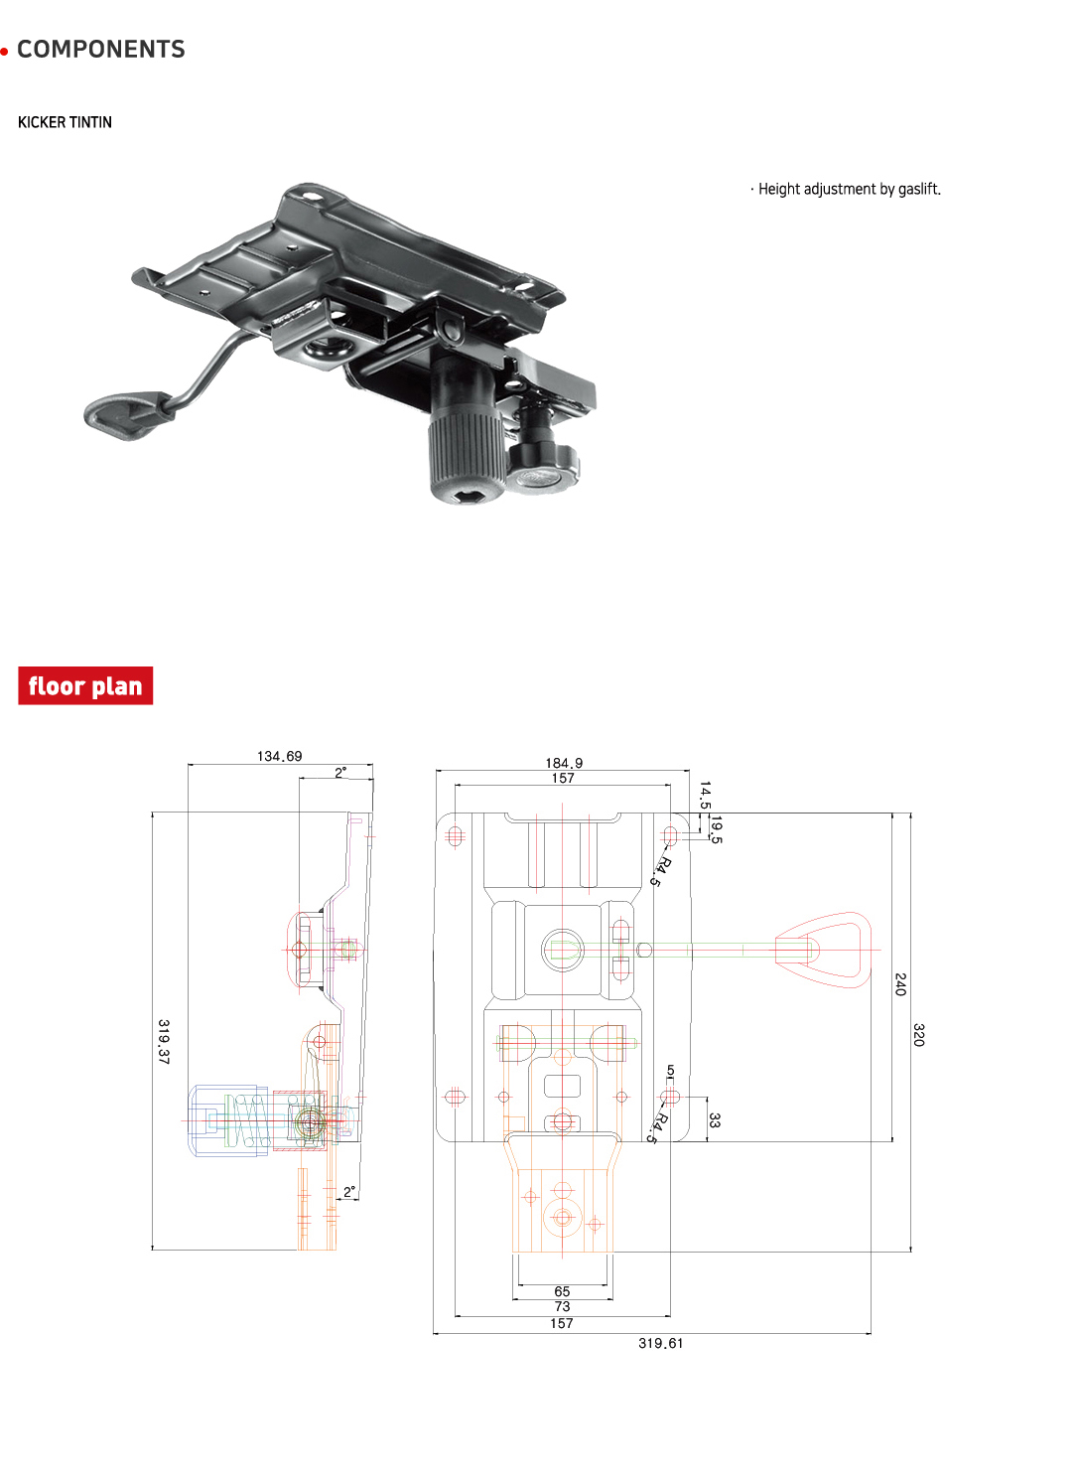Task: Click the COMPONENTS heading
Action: pyautogui.click(x=100, y=50)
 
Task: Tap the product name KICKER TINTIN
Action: pyautogui.click(x=65, y=122)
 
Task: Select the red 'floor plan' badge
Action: pyautogui.click(x=85, y=686)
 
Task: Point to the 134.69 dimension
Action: pyautogui.click(x=279, y=756)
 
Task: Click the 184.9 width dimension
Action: pyautogui.click(x=564, y=763)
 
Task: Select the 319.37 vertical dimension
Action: pyautogui.click(x=164, y=1041)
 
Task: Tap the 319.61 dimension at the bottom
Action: pyautogui.click(x=660, y=1343)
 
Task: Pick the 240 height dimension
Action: pyautogui.click(x=900, y=984)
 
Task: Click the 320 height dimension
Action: pyautogui.click(x=918, y=1034)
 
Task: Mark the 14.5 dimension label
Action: pyautogui.click(x=705, y=796)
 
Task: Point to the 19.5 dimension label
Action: pyautogui.click(x=717, y=829)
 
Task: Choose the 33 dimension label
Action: pyautogui.click(x=715, y=1120)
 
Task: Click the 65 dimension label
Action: pyautogui.click(x=562, y=1291)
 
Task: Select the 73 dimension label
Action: pyautogui.click(x=562, y=1306)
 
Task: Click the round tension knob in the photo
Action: pyautogui.click(x=542, y=469)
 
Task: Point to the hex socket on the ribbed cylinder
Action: pyautogui.click(x=463, y=494)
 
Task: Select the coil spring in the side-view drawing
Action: pyautogui.click(x=248, y=1120)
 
